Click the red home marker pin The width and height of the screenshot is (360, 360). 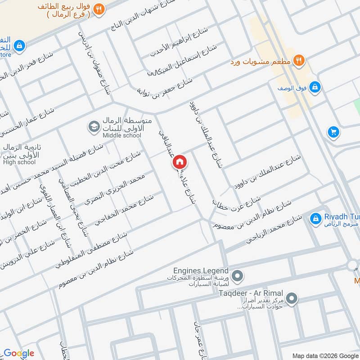click(x=179, y=162)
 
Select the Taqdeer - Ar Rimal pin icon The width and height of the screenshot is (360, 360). click(x=292, y=298)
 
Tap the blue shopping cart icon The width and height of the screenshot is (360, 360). click(x=333, y=132)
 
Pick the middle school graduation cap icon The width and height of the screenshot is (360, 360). click(x=94, y=127)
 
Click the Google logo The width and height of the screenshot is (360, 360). click(x=19, y=353)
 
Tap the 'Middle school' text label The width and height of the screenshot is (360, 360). click(x=121, y=135)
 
